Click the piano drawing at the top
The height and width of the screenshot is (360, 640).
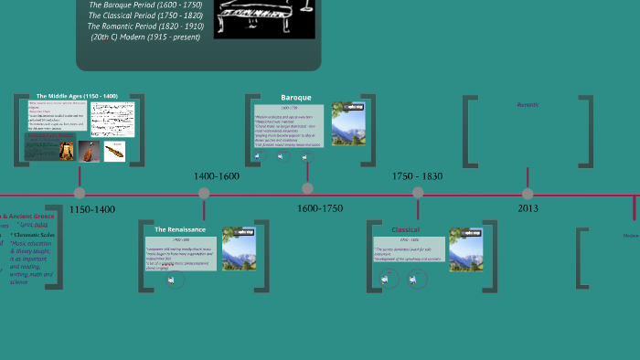[x=263, y=18]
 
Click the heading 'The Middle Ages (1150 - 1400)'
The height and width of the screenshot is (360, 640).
[x=77, y=96]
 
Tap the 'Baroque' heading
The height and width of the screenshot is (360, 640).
[x=295, y=97]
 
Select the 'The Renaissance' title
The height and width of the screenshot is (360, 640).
[x=180, y=229]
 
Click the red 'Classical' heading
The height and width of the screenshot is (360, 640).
[x=405, y=229]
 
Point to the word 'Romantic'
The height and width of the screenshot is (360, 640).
[x=528, y=105]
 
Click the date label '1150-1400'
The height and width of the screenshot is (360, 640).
[x=92, y=209]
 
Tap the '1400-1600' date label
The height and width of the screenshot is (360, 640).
[x=217, y=175]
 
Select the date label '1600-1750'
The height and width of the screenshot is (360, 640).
[x=320, y=208]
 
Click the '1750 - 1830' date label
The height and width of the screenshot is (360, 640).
[x=417, y=175]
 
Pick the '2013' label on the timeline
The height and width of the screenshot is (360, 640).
[x=528, y=208]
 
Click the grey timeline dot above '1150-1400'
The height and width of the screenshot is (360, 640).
[x=80, y=193]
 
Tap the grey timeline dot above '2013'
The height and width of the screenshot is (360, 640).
[x=528, y=193]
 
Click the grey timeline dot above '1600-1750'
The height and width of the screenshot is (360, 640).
[x=307, y=188]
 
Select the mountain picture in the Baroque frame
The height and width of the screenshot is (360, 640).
[x=348, y=123]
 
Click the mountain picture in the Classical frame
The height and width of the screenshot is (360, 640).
[x=466, y=249]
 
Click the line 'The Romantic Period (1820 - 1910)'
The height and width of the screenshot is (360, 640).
[x=145, y=26]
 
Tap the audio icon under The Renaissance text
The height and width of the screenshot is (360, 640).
[x=170, y=281]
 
